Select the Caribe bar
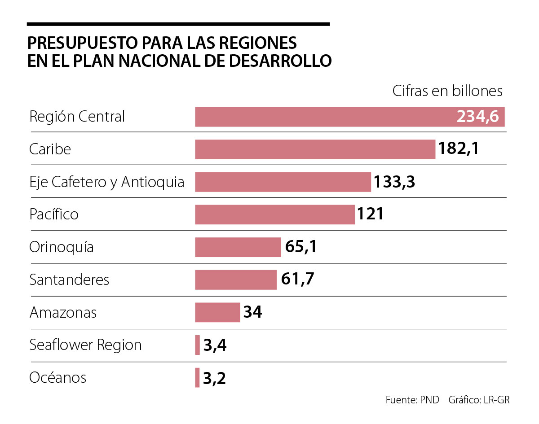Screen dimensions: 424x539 [x=315, y=149]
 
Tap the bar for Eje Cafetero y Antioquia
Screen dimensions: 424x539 [x=283, y=182]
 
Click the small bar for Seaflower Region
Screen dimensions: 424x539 [x=198, y=345]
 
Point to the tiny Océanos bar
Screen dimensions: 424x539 [x=197, y=378]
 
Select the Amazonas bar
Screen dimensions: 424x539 [x=217, y=312]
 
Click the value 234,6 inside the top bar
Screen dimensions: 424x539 [x=477, y=117]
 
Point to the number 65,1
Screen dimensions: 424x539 [x=301, y=247]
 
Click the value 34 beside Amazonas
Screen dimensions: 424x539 [x=253, y=312]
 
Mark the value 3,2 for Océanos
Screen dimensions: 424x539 [x=214, y=378]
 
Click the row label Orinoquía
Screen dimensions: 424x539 [x=62, y=247]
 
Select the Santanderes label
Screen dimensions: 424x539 [x=69, y=280]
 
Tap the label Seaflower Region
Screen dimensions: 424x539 [x=85, y=345]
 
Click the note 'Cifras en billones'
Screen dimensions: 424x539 [x=447, y=91]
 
